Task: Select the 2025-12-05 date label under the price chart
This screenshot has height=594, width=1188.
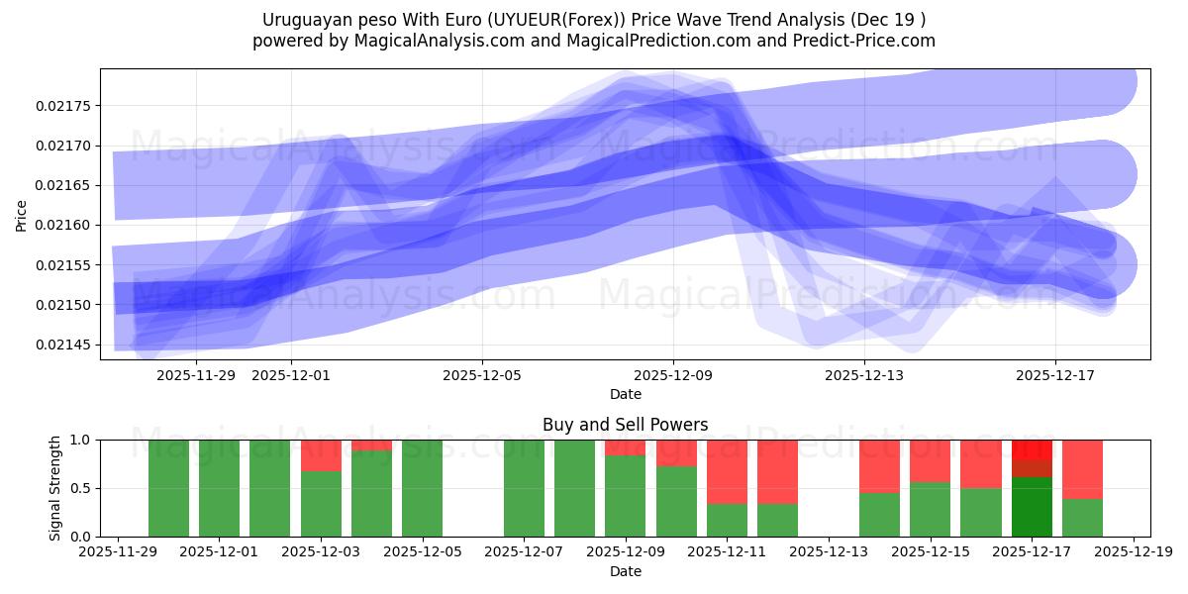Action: click(x=482, y=375)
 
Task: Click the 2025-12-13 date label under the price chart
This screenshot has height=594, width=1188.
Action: click(x=864, y=375)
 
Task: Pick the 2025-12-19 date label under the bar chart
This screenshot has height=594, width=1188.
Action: click(x=1134, y=552)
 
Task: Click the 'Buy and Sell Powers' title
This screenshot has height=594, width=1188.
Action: click(x=625, y=425)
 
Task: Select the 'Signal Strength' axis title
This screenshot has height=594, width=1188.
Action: click(x=55, y=488)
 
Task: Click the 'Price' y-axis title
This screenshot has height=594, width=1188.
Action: click(x=22, y=214)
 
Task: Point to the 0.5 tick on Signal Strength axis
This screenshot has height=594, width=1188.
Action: click(x=81, y=488)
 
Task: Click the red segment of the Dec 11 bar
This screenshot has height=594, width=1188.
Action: click(x=728, y=471)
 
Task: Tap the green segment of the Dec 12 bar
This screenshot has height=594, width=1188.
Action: click(x=778, y=520)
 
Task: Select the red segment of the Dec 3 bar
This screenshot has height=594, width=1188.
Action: click(x=321, y=455)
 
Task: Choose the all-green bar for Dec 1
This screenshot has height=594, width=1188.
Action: click(x=220, y=488)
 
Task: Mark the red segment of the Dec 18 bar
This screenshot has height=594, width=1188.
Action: click(x=1082, y=468)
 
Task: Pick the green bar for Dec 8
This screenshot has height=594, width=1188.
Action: click(x=575, y=488)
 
